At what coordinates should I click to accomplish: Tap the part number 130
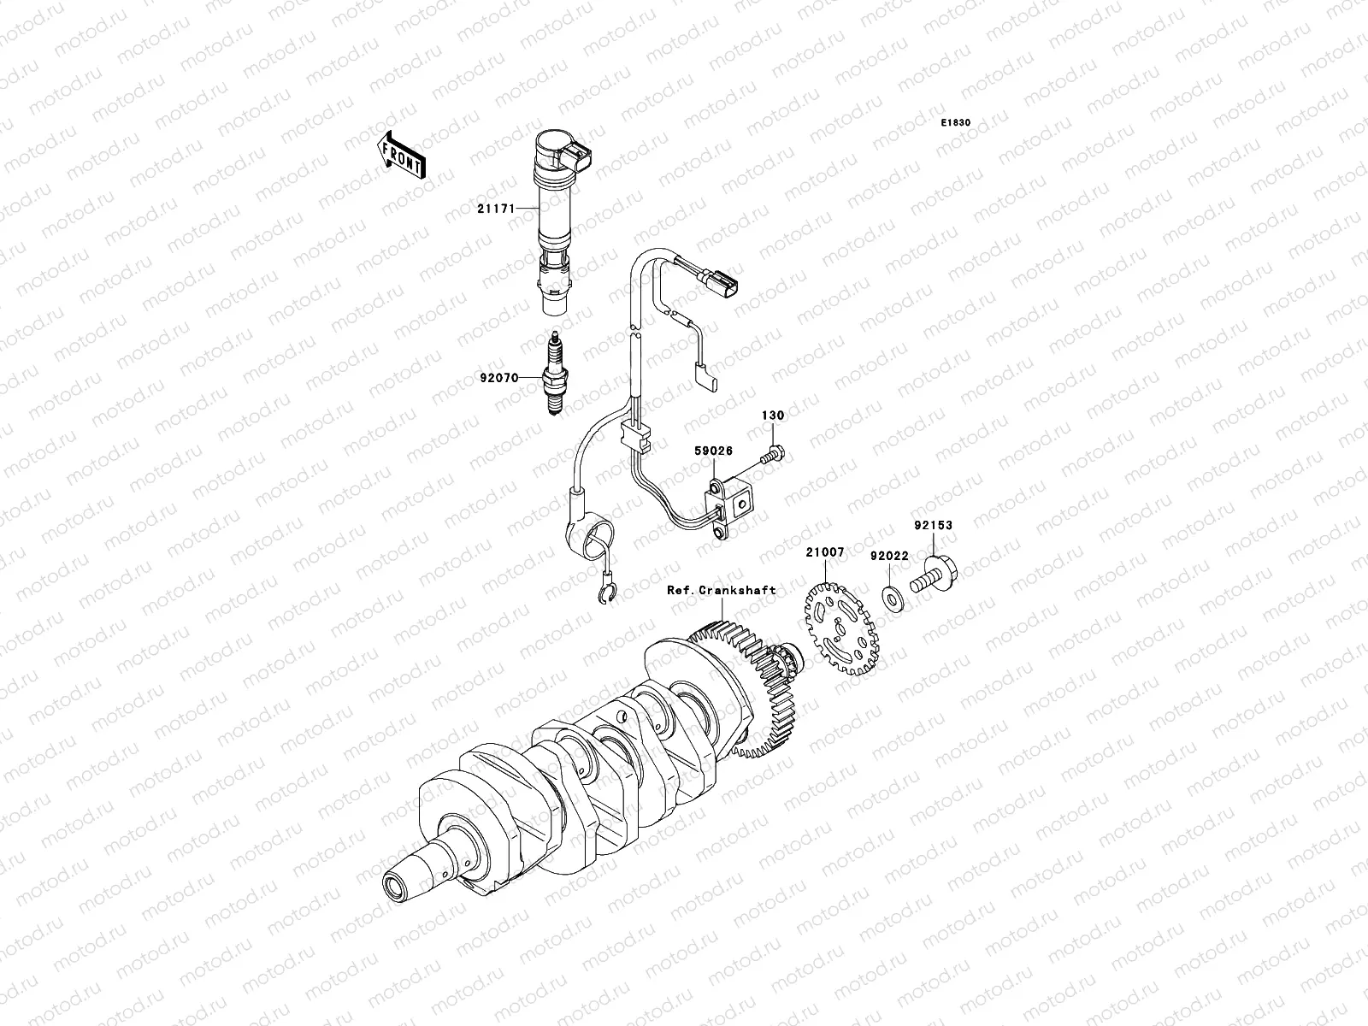(x=773, y=416)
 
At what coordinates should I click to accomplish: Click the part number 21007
(x=824, y=552)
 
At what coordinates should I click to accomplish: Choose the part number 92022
(x=889, y=556)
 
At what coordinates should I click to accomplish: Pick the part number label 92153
(x=932, y=526)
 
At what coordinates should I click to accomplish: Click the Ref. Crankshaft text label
(x=722, y=590)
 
